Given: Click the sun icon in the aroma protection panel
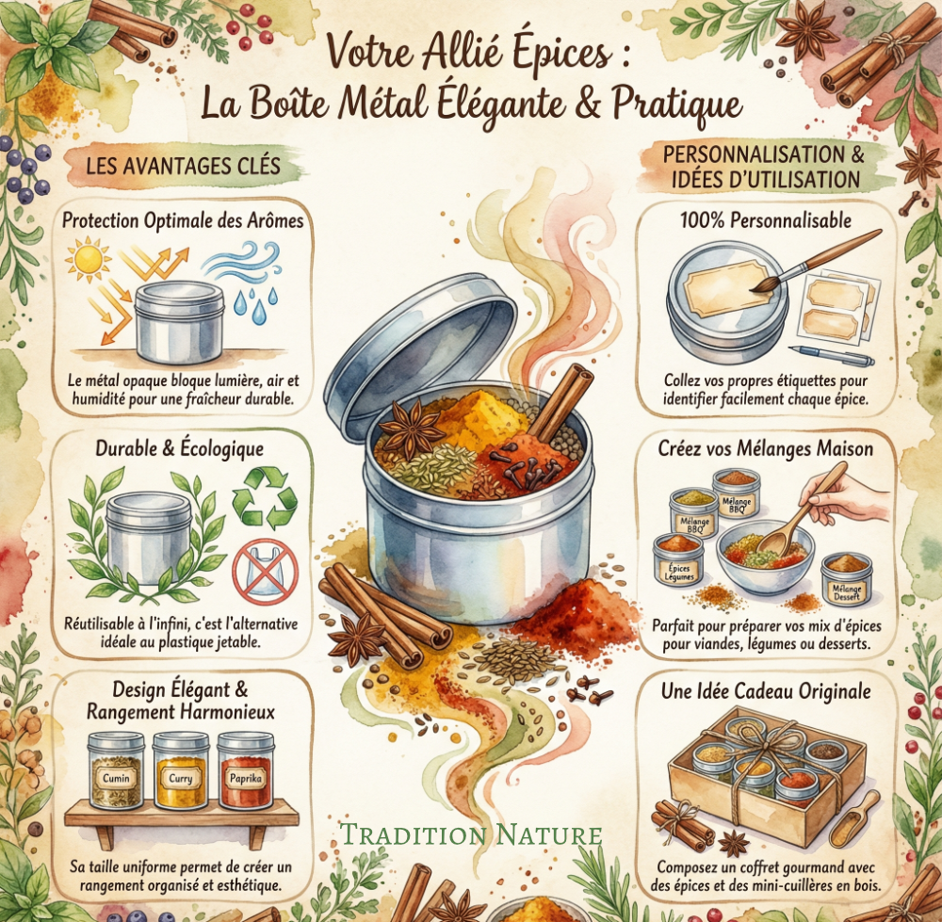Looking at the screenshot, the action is [x=88, y=259].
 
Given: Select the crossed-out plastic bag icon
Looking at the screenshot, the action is [x=265, y=572].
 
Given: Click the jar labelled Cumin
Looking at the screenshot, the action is [x=116, y=770].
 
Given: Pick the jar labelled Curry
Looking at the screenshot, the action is [x=180, y=770].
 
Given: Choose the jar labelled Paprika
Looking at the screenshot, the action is [x=245, y=770].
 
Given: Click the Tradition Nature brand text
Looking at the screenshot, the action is [x=471, y=834].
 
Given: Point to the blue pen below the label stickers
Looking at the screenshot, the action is [x=832, y=356].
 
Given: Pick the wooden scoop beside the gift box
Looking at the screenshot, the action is [x=854, y=818].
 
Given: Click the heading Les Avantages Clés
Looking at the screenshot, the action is [x=184, y=166].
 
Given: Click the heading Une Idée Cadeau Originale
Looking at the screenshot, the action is [x=766, y=690].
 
